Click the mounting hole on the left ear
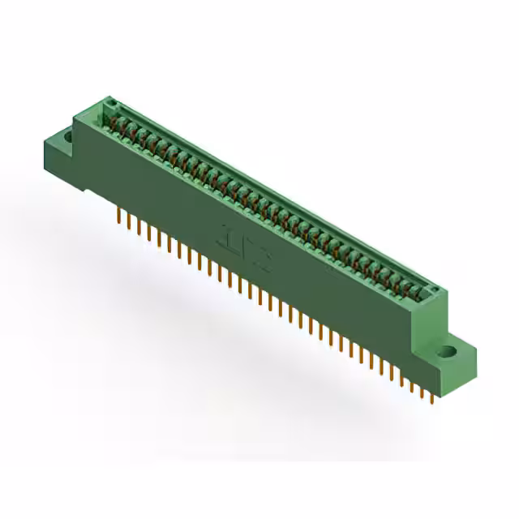point(67,139)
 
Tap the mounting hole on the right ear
point(447,353)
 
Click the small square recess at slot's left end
point(113,104)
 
